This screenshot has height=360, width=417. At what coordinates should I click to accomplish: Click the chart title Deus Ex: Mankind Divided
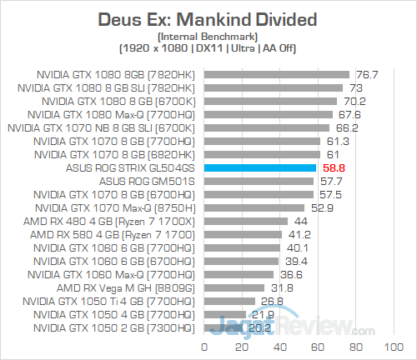[208, 18]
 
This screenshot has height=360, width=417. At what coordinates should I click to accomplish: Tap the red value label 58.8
[333, 167]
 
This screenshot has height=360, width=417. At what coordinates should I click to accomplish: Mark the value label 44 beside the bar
[300, 221]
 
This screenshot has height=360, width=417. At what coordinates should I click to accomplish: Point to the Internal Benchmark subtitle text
[208, 36]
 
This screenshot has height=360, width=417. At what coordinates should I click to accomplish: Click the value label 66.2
[346, 127]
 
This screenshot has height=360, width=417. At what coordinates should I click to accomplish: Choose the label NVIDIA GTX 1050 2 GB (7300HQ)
[113, 327]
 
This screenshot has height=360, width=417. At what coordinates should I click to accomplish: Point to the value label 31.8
[282, 287]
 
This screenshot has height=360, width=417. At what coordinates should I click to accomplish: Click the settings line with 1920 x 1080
[208, 48]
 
